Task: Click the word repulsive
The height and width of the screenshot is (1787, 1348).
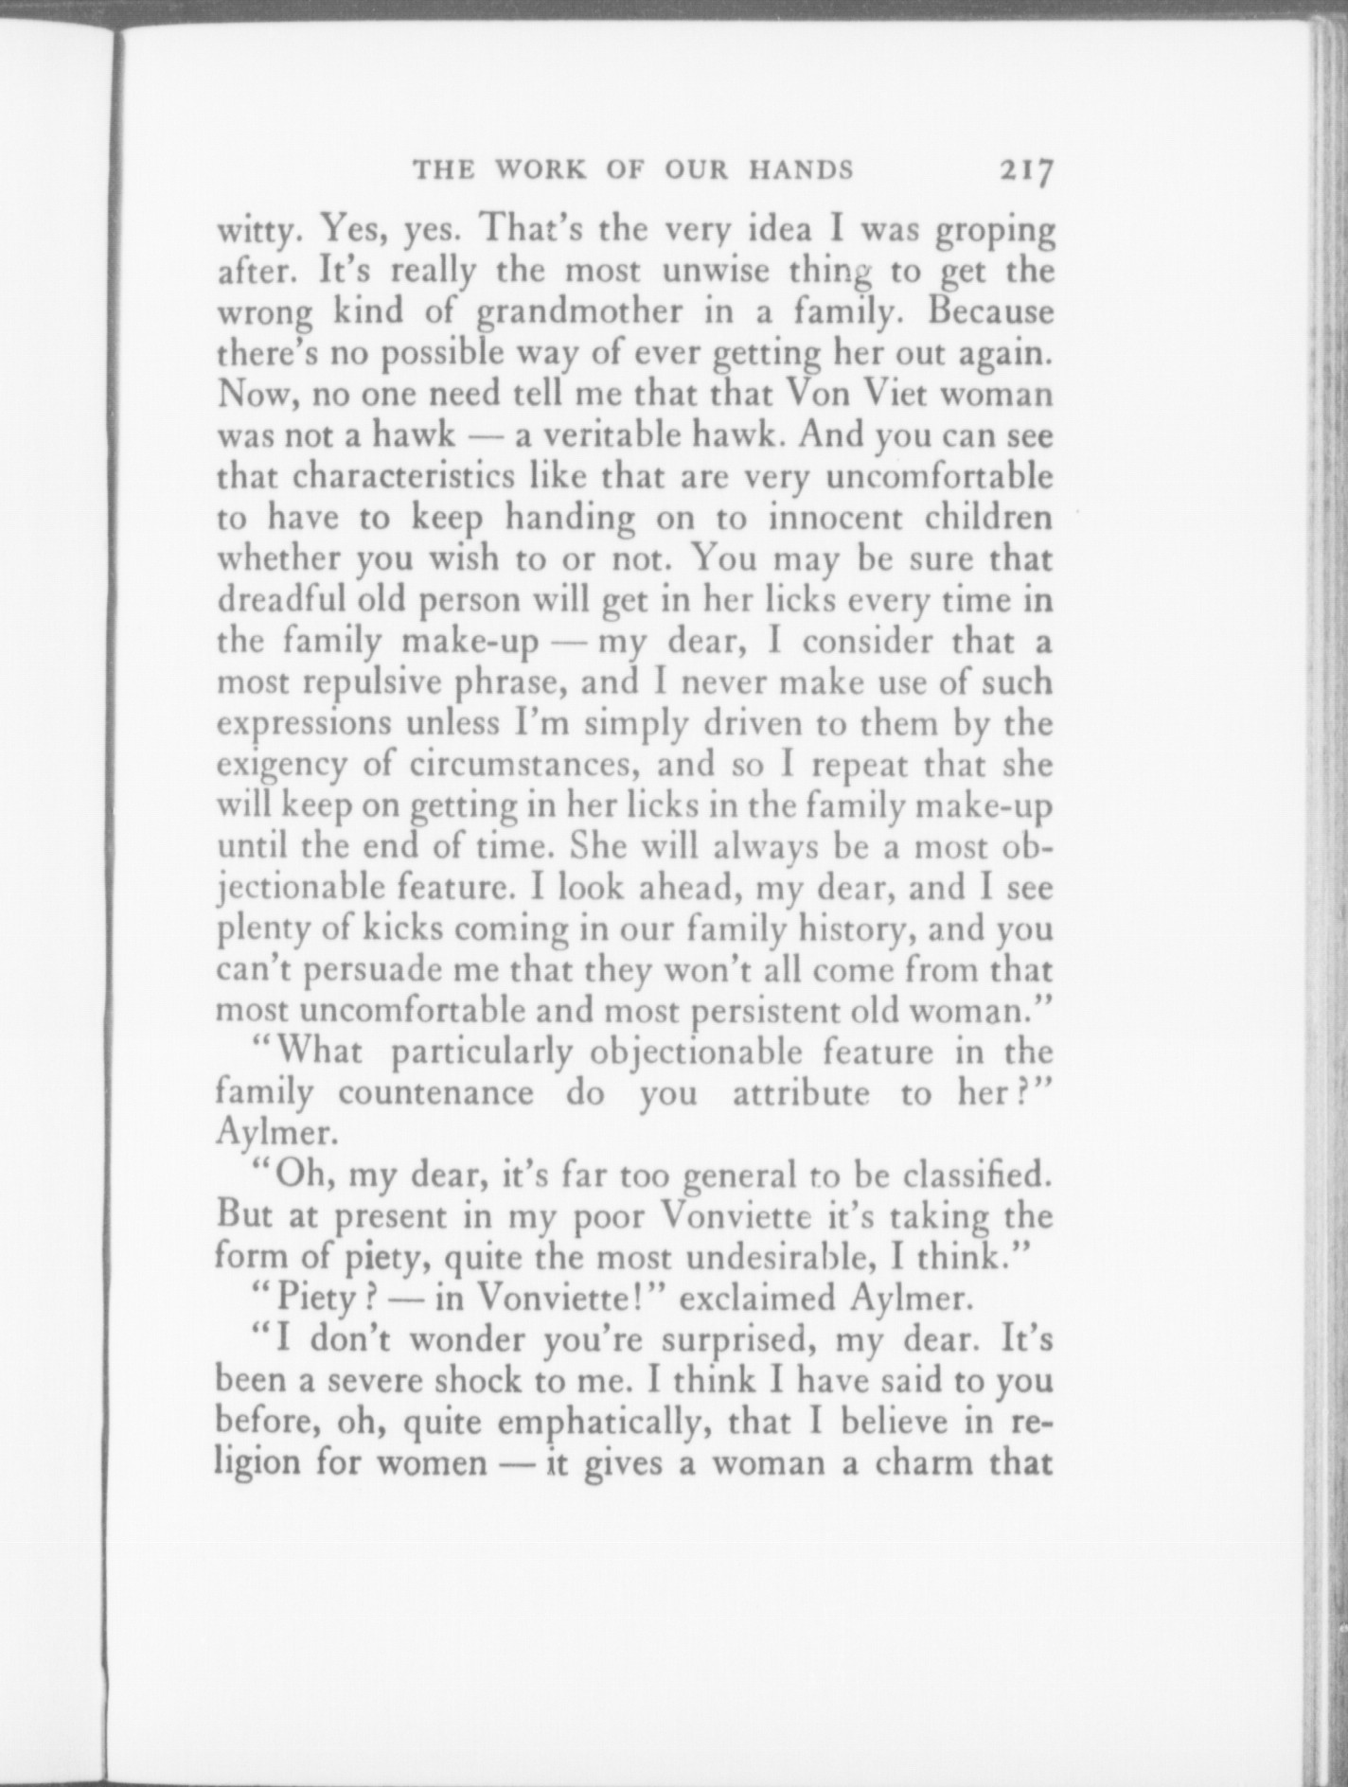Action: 374,682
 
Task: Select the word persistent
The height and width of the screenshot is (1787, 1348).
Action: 768,1011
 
